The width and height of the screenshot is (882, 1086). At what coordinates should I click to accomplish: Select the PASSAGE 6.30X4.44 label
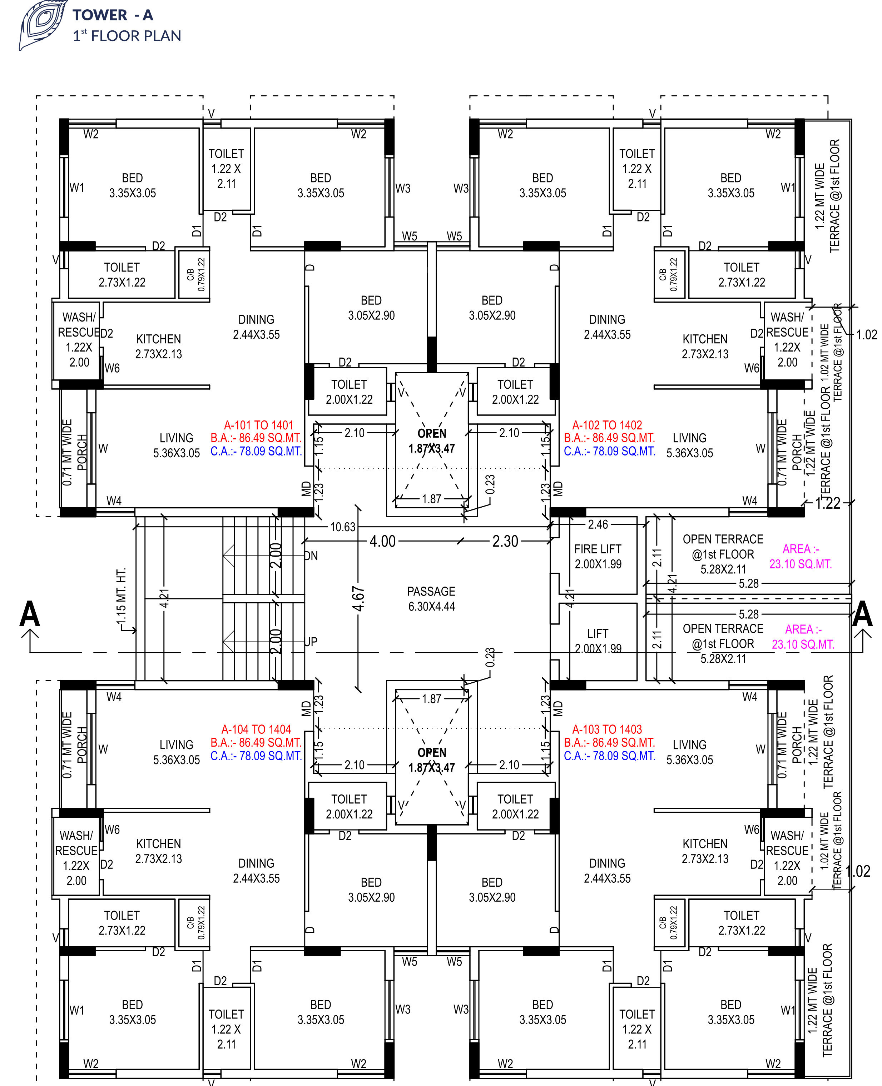431,598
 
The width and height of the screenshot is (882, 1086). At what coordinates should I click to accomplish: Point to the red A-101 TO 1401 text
259,425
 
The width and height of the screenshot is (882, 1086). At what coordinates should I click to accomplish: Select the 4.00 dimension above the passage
382,541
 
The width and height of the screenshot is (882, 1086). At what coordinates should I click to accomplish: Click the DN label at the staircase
311,556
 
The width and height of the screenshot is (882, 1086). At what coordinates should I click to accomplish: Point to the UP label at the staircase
311,642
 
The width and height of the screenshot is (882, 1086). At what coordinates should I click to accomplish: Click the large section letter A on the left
29,614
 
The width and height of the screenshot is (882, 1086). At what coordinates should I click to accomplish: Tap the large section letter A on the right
862,614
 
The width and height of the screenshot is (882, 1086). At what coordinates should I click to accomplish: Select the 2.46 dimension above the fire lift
598,524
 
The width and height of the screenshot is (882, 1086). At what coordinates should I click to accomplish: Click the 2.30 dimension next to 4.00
505,541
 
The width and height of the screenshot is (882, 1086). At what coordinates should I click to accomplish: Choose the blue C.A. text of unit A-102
609,451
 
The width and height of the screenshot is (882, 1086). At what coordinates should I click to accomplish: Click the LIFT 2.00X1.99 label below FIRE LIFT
598,641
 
